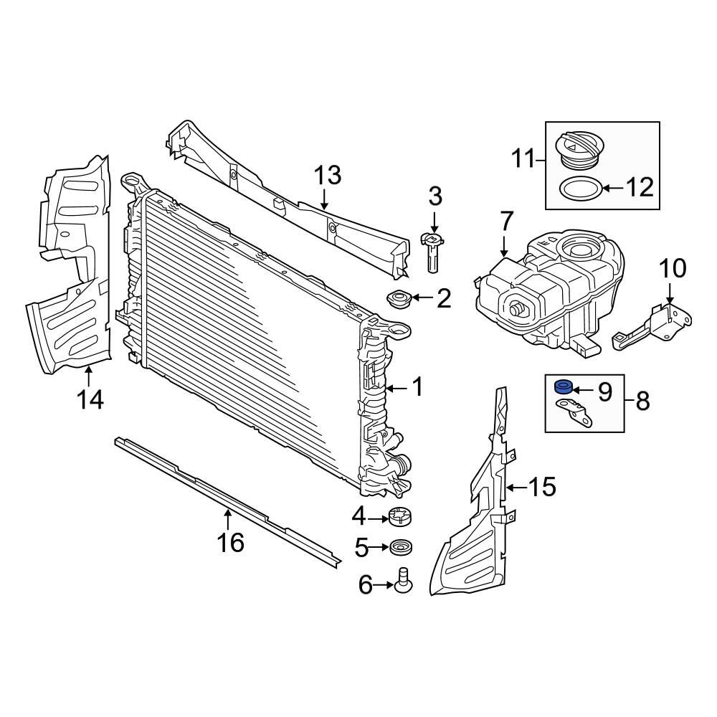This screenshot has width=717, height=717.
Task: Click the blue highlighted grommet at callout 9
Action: [564, 388]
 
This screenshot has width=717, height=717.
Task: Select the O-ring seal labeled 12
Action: [579, 189]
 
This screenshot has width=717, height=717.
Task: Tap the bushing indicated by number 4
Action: [401, 516]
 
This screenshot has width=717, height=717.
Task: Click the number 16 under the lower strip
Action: [231, 542]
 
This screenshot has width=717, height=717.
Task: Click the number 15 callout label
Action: [542, 487]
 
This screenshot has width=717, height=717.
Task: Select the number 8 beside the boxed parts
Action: [642, 401]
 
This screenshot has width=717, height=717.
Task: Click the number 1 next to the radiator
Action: [417, 388]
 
